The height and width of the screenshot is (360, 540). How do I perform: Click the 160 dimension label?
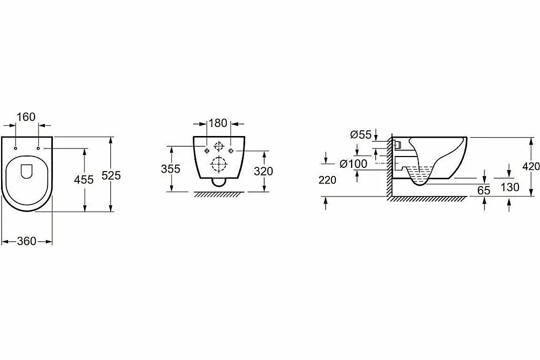coord(26,117)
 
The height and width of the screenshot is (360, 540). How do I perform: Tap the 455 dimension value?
coord(84,179)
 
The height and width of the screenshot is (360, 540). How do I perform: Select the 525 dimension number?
coord(111,175)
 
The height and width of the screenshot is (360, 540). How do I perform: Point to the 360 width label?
coord(26,241)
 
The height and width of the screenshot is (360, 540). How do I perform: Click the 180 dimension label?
coord(218,123)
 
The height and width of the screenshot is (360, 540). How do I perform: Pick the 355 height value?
coord(171,168)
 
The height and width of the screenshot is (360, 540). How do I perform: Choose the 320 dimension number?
coord(263,171)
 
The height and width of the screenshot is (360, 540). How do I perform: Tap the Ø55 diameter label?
coord(361,134)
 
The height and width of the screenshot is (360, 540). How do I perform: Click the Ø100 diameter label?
coord(353,164)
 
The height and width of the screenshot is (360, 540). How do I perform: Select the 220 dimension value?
coord(327,180)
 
